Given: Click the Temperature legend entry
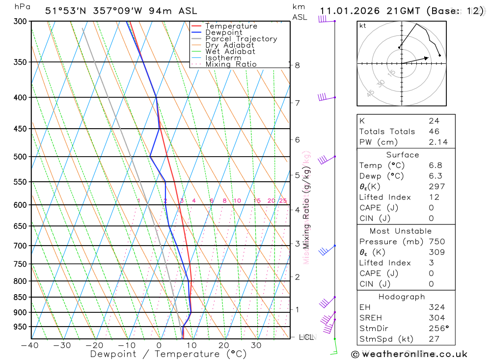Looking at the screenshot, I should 231,26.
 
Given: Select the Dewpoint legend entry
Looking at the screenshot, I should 223,32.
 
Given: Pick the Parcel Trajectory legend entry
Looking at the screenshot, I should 241,39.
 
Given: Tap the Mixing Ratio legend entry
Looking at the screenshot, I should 231,64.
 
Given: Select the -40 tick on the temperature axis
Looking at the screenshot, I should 30,345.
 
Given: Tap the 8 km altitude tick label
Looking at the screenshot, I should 297,65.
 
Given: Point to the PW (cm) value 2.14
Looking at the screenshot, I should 438,142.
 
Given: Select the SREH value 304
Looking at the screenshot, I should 436,318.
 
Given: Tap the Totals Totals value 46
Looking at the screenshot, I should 434,132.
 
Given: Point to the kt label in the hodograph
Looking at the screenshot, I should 363,26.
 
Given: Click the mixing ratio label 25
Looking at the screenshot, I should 283,200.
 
